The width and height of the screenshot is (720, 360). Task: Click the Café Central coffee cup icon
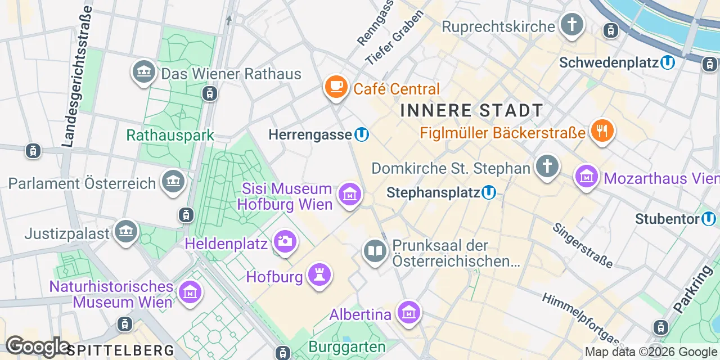[x=336, y=87]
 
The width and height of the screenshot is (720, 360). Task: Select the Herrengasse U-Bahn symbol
[x=362, y=134]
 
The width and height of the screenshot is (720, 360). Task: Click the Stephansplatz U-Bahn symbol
[x=489, y=193]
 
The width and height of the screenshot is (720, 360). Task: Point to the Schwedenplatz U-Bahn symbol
[x=668, y=62]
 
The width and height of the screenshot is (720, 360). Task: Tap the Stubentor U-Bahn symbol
[x=709, y=218]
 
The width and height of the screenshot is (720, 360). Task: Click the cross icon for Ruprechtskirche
[x=571, y=25]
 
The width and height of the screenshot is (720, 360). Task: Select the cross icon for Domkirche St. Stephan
[x=547, y=166]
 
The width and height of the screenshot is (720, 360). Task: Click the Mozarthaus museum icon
[x=586, y=177]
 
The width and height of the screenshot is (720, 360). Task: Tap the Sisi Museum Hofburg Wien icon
[x=349, y=195]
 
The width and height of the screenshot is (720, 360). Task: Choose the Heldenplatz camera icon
[x=285, y=242]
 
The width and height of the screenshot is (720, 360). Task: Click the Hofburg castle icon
[x=319, y=275]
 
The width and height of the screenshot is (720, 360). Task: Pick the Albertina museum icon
[x=408, y=313]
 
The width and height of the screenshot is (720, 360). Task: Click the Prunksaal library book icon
[x=375, y=250]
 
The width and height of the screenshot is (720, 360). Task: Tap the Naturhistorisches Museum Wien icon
[x=190, y=292]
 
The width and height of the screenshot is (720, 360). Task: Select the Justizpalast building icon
[x=125, y=231]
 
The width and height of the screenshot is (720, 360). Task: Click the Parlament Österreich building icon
[x=173, y=182]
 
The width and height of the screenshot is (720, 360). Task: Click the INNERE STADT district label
[x=471, y=110]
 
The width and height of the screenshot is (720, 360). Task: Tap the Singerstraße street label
[x=582, y=245]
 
